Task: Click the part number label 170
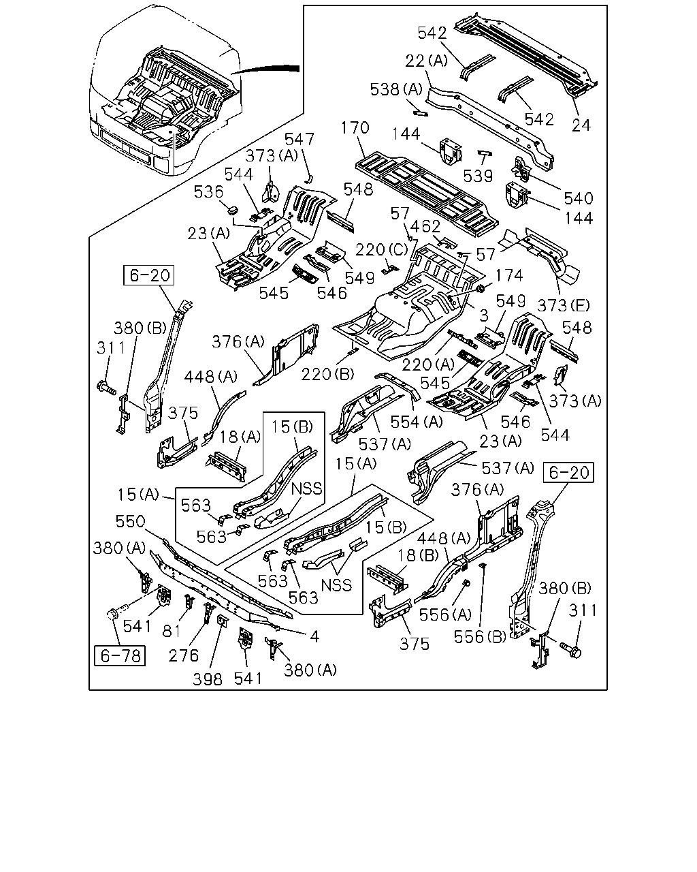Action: [x=355, y=127]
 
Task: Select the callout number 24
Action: [x=581, y=125]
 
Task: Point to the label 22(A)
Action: [x=427, y=61]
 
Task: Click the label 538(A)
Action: [x=396, y=89]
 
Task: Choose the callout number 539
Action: [x=478, y=176]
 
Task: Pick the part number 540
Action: [x=579, y=198]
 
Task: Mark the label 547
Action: [x=299, y=140]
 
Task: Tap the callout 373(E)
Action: [x=564, y=305]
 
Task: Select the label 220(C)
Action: [x=381, y=250]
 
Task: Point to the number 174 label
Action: [x=509, y=275]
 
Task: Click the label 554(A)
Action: [x=417, y=422]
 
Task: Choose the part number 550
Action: [x=130, y=522]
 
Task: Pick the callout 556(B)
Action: [x=480, y=637]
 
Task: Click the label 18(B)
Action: [x=417, y=555]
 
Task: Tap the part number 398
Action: [x=208, y=679]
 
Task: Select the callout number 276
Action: [x=184, y=655]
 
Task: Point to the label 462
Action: [x=425, y=226]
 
